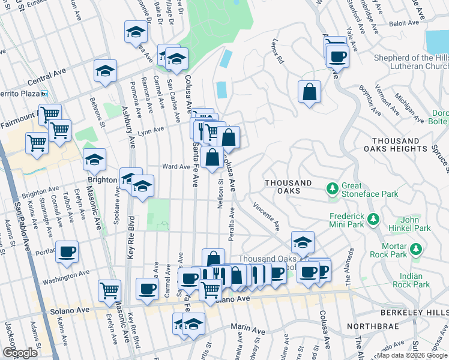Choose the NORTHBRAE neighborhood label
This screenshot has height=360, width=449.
point(367,327)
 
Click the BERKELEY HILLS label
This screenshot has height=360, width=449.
point(414,313)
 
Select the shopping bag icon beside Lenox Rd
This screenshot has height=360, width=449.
point(309,92)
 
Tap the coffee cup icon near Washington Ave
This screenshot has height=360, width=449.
point(67,251)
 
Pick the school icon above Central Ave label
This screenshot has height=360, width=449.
point(105,71)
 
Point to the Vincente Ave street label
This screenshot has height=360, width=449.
point(267,217)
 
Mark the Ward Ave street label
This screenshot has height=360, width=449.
point(176,166)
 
